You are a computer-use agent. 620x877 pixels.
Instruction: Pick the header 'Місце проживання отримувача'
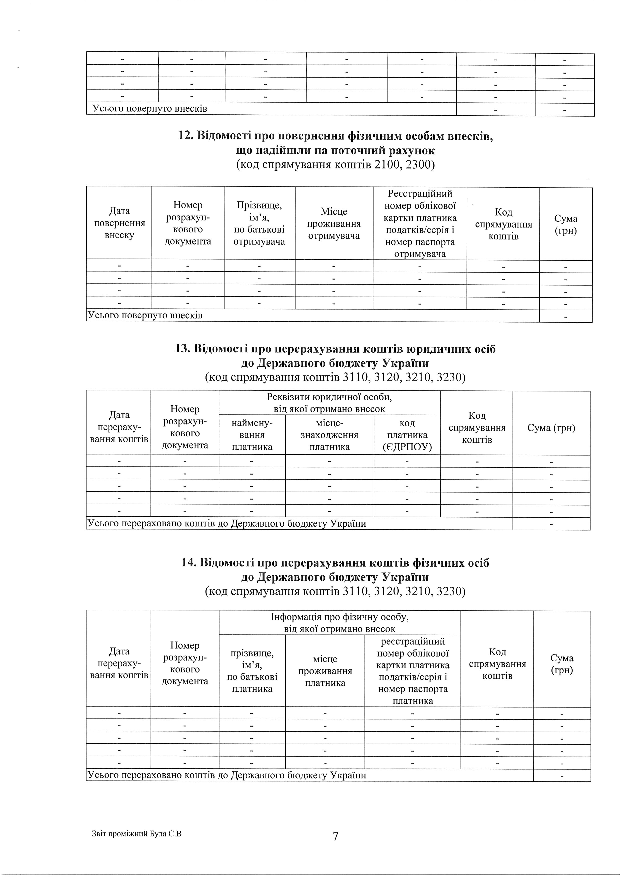334,224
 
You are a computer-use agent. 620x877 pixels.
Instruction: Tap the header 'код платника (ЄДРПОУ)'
407,435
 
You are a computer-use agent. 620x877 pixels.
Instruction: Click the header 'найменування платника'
252,435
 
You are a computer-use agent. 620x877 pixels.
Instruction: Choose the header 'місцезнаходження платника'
329,435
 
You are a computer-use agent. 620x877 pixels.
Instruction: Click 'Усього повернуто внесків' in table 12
145,316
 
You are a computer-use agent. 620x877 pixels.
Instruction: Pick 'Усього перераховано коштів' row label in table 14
227,775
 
